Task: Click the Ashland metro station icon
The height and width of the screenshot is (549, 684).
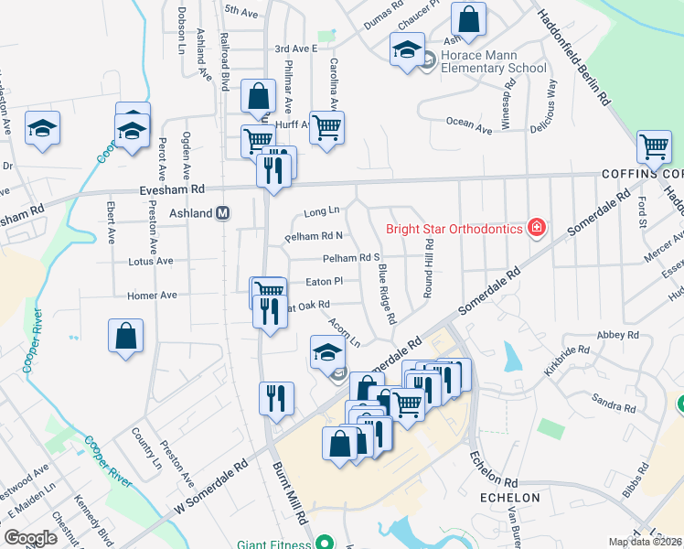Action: pos(222,213)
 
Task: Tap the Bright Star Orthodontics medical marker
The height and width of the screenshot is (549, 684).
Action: pos(537,228)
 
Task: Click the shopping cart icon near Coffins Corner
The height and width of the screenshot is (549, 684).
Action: pos(654,146)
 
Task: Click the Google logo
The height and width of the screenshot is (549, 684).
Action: pos(30,538)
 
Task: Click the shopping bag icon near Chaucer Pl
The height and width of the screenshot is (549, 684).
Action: pos(468,20)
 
